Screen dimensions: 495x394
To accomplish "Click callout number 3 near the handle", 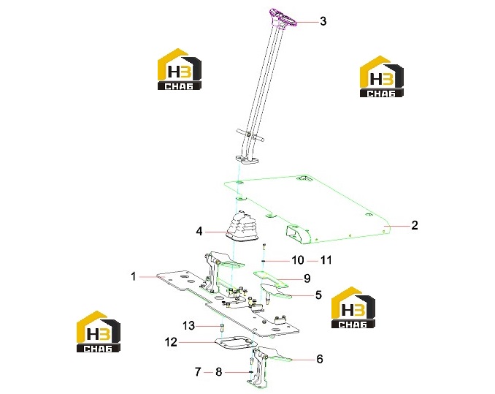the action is tap(323, 21).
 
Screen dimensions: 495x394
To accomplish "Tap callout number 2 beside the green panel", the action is tap(415, 225).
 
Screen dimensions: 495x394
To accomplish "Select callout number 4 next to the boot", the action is tap(199, 231).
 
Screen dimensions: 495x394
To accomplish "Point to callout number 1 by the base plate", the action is tap(134, 276).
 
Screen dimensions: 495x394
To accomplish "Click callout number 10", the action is tap(297, 260).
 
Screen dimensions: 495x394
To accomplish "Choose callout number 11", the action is tap(326, 260).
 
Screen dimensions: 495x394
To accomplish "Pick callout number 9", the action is tap(307, 279).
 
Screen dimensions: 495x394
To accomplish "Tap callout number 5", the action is tap(318, 295).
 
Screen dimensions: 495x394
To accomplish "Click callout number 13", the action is tap(189, 326).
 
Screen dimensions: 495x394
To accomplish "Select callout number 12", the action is tap(171, 342).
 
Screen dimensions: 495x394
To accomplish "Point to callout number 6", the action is tap(320, 359).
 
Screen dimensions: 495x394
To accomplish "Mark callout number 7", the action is tap(198, 372).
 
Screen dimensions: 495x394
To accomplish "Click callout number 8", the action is tap(219, 372).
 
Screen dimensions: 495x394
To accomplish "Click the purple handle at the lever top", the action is tap(282, 19).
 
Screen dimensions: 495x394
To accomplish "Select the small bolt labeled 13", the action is tap(221, 327).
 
